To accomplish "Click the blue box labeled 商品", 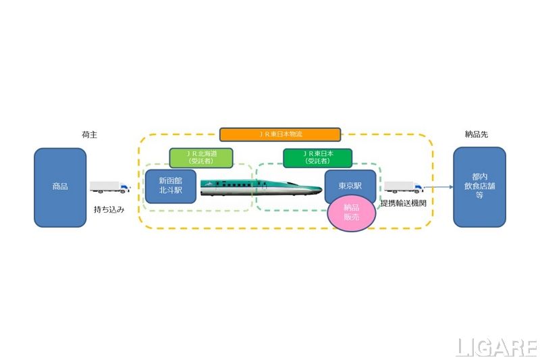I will coord(60,187).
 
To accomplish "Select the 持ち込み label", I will coord(108,209).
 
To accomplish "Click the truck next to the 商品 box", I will coord(109,188).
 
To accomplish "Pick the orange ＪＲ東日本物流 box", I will coord(280,134).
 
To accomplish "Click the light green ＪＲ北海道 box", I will coord(201,157).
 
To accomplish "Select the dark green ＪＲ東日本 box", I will coord(317,157).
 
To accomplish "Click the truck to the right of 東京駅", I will coord(404,186).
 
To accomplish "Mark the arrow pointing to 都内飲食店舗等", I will coord(439,187).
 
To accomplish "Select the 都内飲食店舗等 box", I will coord(479,187).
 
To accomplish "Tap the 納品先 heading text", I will coord(477,134).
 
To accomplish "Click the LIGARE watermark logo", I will coord(496,348).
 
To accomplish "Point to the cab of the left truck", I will coord(124,188).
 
